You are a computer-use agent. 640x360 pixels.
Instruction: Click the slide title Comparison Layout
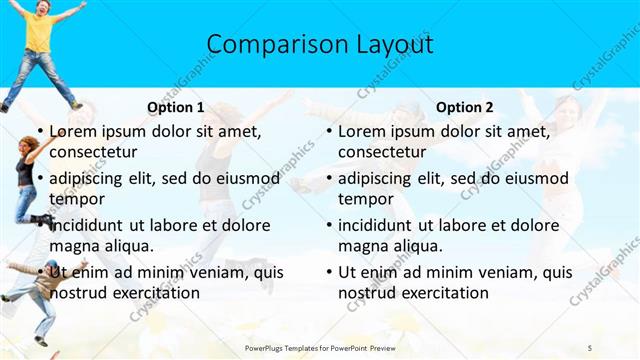[x=320, y=45]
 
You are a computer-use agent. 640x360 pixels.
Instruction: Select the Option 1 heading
[x=176, y=107]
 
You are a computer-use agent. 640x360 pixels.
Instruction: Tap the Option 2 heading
[x=464, y=107]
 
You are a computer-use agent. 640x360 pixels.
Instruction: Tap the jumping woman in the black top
[x=27, y=180]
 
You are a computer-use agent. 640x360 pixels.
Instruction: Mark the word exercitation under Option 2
[x=446, y=293]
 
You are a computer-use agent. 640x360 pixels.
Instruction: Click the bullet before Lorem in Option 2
[x=329, y=131]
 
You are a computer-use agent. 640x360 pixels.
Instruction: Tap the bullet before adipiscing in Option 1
[x=40, y=178]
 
